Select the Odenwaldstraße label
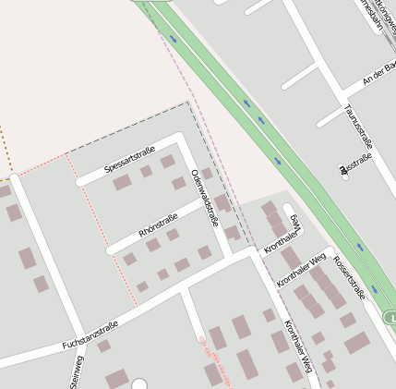coord(203,198)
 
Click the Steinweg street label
coord(77,371)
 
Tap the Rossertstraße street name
coord(349,277)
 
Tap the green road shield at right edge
coord(390,319)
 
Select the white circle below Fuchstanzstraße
coord(139,383)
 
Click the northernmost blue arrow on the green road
coord(173,39)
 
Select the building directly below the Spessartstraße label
coord(122,182)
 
